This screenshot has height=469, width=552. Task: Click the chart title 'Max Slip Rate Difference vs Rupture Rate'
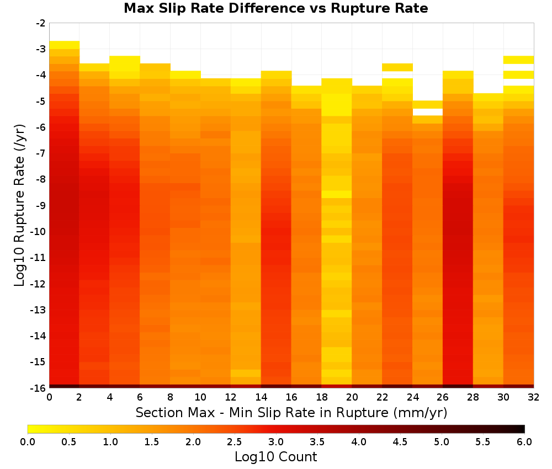click(x=275, y=8)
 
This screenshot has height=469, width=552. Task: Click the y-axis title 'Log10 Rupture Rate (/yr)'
click(x=20, y=205)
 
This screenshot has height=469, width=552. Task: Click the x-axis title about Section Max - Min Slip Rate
click(x=291, y=413)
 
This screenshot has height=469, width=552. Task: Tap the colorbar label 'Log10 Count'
click(x=275, y=457)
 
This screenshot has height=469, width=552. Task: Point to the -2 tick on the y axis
click(x=40, y=23)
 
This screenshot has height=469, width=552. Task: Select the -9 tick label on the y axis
click(x=40, y=205)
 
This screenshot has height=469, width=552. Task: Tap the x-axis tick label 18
click(x=321, y=397)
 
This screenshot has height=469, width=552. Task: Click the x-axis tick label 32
click(x=534, y=397)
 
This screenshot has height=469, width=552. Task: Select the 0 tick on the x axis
click(x=49, y=397)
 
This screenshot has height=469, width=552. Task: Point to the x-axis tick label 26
click(x=443, y=397)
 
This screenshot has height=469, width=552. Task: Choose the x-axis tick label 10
click(x=200, y=397)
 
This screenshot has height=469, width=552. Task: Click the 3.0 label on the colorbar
click(x=276, y=441)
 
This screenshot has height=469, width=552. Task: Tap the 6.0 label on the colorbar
click(x=524, y=441)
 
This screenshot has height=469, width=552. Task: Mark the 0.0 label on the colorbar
click(x=28, y=441)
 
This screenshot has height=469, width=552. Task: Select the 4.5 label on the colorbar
click(x=400, y=441)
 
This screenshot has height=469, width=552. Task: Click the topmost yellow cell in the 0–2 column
click(x=65, y=45)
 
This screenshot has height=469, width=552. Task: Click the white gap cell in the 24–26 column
click(x=428, y=112)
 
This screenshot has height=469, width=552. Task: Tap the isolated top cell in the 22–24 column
click(x=397, y=67)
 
